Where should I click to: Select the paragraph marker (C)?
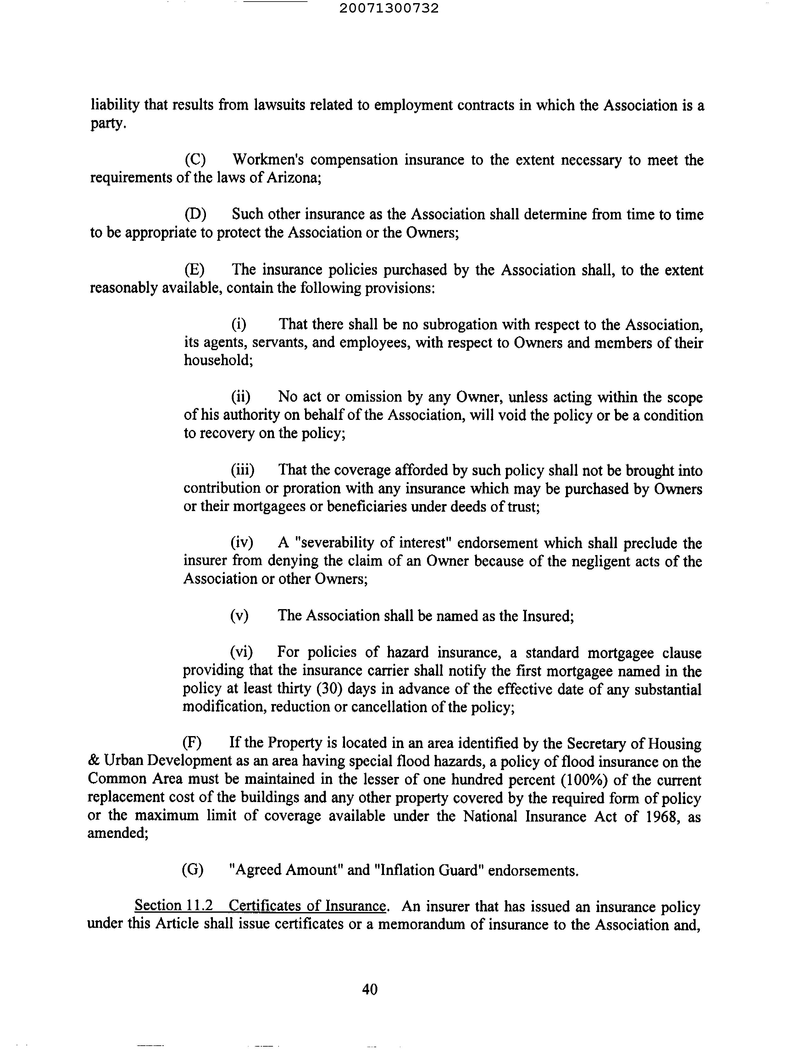[195, 159]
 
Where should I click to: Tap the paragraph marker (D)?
[195, 214]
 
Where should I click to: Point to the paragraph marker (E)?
[195, 270]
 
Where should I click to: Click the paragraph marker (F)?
[192, 743]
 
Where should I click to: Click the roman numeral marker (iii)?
[242, 470]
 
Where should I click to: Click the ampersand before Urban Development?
[93, 761]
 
